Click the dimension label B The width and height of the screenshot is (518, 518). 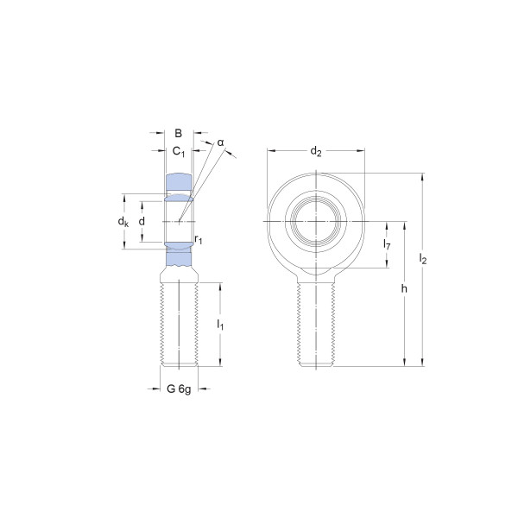(178, 133)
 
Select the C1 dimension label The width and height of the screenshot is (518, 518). (179, 152)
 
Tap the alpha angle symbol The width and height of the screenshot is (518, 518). (220, 142)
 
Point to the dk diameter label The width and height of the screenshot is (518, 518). (123, 221)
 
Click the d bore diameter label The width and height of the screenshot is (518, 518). (142, 221)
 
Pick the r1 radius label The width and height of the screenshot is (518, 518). (199, 239)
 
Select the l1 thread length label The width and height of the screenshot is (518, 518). (220, 325)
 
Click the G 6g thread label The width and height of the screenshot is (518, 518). (179, 388)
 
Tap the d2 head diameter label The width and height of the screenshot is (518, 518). (315, 152)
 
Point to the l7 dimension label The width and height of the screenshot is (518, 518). (387, 244)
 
